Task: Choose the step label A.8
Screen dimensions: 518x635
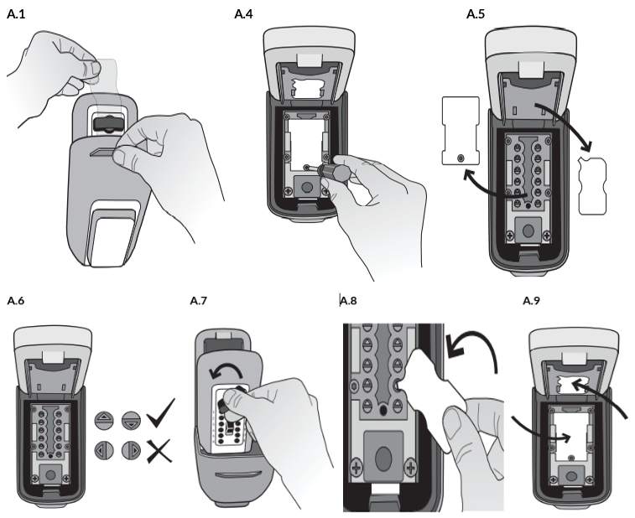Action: pos(351,300)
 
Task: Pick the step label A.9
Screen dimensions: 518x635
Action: pos(531,300)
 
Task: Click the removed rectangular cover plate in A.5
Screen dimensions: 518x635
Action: pos(460,129)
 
